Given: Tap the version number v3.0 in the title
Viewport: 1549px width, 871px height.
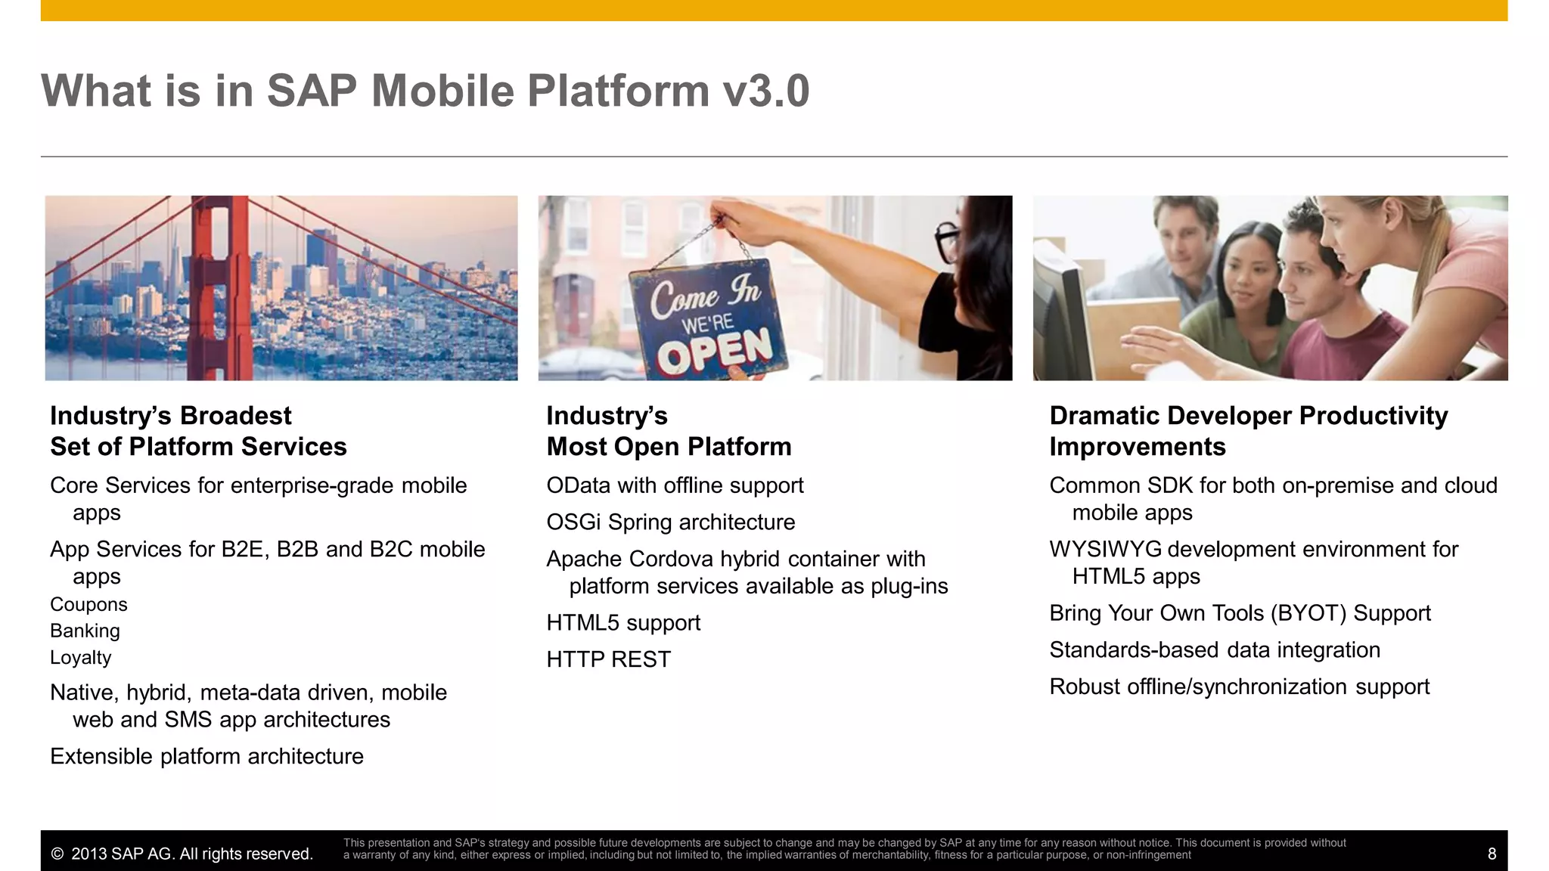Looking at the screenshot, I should [765, 91].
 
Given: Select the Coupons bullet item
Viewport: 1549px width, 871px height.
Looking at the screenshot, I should [88, 605].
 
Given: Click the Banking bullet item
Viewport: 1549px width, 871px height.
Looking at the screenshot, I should [85, 631].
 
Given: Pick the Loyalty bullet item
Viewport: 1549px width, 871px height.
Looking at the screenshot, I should [80, 658].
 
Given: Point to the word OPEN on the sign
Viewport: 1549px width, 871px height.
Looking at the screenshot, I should [714, 350].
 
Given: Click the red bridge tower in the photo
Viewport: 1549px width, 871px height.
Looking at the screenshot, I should [219, 287].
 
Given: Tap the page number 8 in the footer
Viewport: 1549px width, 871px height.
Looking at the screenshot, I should [1492, 854].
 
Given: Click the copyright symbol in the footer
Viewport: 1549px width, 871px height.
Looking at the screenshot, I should [57, 854].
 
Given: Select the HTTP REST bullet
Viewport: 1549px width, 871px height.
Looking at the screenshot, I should [608, 659].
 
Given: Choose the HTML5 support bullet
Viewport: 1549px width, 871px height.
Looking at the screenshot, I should [623, 623].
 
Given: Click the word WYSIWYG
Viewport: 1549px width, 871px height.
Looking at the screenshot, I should [1104, 550].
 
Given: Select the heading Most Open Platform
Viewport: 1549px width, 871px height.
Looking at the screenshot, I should [669, 447].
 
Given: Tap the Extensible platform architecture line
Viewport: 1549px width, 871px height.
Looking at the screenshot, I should [206, 757].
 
